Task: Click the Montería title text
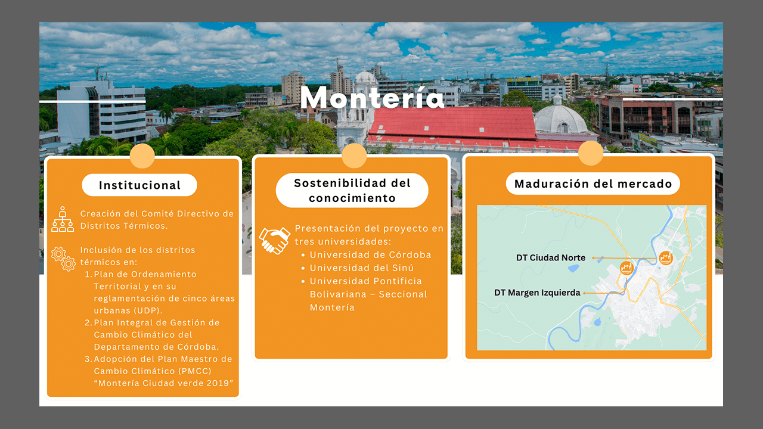coord(373,97)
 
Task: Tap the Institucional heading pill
coord(139,185)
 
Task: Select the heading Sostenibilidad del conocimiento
coord(352,190)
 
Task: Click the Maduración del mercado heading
coord(593,184)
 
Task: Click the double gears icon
coord(63,259)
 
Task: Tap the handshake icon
coord(275,241)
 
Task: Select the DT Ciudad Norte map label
coord(550,258)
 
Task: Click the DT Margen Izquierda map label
coord(537,293)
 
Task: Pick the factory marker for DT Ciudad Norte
coord(665,258)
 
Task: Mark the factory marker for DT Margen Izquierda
coord(626,268)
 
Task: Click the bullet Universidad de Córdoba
coord(370,254)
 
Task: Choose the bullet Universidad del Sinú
coord(362,268)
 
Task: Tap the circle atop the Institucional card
coord(142,156)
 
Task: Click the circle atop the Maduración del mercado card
coord(591,153)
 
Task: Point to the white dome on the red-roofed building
coord(560,119)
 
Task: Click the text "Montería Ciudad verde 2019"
coord(163,383)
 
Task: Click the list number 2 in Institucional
coord(88,322)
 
